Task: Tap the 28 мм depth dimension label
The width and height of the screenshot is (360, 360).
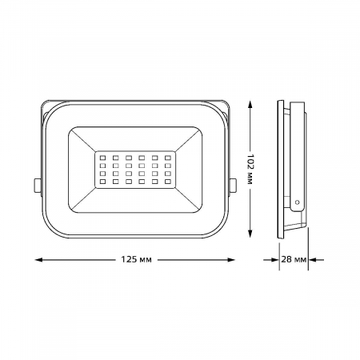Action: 294,260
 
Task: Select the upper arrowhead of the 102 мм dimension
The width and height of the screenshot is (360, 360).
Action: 252,105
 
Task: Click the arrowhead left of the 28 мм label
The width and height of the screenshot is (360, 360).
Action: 271,260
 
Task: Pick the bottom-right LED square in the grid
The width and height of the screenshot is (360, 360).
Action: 169,185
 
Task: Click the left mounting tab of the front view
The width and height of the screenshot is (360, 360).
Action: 38,185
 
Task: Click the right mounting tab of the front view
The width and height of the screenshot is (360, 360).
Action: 233,185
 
